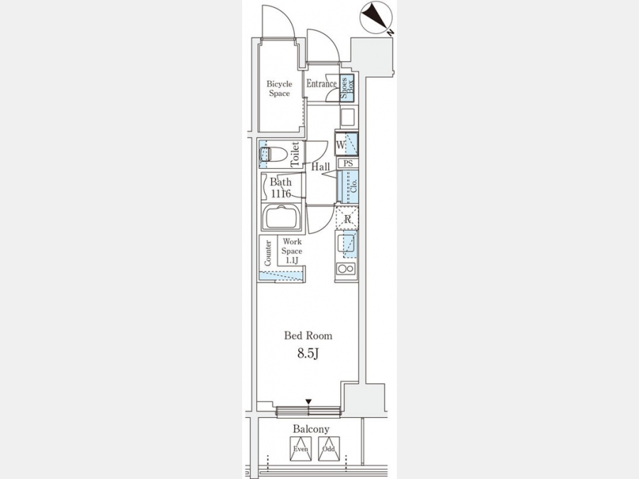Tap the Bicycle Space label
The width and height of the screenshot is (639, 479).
point(279,88)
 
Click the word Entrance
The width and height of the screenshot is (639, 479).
point(321,84)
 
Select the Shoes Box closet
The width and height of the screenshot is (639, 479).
point(347,89)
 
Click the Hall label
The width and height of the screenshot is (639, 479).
point(321,167)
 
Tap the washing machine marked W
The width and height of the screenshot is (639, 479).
point(346,145)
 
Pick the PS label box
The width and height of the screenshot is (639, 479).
point(347,163)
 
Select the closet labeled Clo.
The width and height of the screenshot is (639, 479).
point(347,188)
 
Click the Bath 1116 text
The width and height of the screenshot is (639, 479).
point(280,187)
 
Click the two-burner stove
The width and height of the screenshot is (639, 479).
point(346,270)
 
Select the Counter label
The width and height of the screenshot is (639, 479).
point(268,253)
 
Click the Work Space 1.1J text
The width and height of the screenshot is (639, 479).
point(292,251)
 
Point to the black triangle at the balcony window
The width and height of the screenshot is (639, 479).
point(308,403)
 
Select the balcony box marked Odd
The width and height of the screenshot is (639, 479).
point(327,448)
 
